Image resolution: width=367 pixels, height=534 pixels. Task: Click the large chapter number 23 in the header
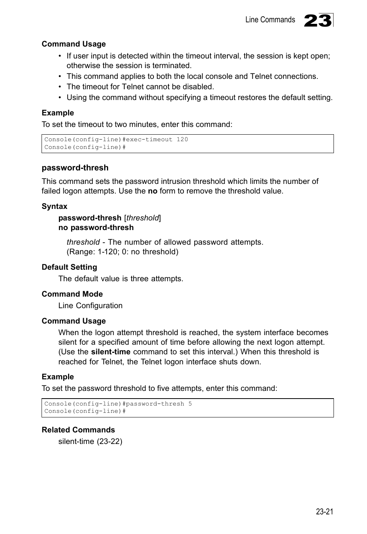(318, 20)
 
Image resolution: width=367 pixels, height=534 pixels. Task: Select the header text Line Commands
(270, 20)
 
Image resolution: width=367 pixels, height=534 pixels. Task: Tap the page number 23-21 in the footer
(324, 511)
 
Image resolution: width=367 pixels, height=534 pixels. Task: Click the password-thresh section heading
(75, 168)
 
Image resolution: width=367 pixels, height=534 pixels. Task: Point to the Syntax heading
(54, 206)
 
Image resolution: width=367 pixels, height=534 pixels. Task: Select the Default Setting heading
(69, 267)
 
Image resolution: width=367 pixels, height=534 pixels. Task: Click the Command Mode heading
(72, 294)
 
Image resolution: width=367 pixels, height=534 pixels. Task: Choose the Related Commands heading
(78, 430)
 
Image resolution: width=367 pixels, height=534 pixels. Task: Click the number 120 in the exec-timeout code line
(182, 140)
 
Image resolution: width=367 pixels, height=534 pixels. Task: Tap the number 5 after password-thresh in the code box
(190, 404)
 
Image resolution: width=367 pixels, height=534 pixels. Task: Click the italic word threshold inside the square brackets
(142, 218)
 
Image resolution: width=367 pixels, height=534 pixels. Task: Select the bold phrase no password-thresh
(96, 227)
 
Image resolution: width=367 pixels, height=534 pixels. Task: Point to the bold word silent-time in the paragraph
(110, 352)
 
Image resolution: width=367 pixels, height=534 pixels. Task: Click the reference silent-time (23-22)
(90, 441)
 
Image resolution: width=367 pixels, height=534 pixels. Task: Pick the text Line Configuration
(90, 305)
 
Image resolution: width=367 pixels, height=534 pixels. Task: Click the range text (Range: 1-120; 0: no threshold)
(122, 252)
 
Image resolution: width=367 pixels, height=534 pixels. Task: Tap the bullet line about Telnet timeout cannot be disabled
(140, 87)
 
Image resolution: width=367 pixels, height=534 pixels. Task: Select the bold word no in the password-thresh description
(153, 191)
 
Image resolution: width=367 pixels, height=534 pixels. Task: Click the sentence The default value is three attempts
(120, 279)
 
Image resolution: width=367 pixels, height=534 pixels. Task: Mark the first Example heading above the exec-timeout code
(58, 113)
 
